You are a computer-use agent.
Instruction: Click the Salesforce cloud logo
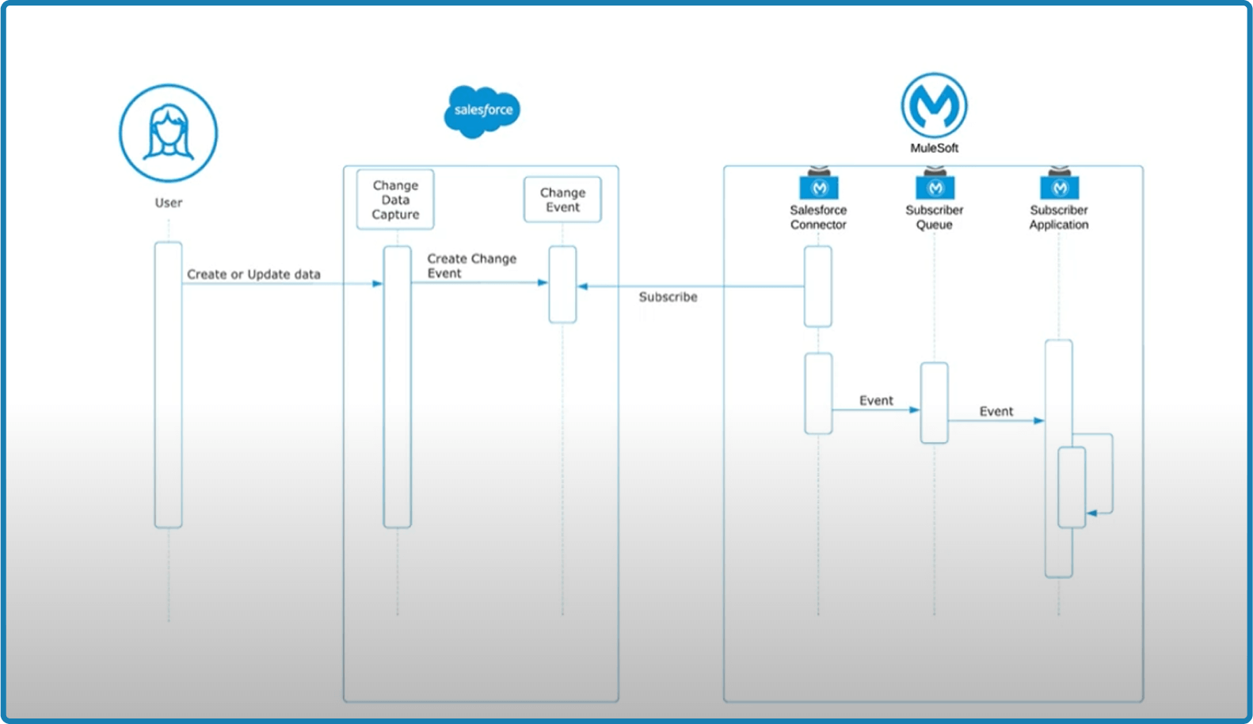tap(482, 111)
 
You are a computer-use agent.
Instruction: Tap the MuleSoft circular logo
tap(934, 105)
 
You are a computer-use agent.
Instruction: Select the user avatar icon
tap(168, 133)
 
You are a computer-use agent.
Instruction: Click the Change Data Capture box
tap(395, 200)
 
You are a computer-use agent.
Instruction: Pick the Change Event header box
tap(562, 200)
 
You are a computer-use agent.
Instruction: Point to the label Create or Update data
tap(253, 274)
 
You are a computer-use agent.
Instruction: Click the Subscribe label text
tap(668, 297)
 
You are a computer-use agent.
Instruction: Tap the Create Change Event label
tap(471, 265)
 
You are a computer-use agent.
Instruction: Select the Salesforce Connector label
tap(818, 217)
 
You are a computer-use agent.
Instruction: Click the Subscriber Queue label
tap(934, 217)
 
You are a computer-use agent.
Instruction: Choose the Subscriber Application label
tap(1058, 217)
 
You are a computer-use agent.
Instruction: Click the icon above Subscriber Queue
tap(935, 186)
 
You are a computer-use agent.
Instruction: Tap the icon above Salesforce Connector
tap(819, 186)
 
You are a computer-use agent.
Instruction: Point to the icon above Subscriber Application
tap(1060, 186)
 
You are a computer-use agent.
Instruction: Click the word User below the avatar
tap(168, 203)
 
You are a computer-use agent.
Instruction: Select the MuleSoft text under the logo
tap(934, 148)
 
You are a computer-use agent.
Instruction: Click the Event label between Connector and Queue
tap(876, 401)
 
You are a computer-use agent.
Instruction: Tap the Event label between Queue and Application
tap(996, 411)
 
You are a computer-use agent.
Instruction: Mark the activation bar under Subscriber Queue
tap(934, 402)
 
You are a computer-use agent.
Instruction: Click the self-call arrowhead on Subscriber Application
tap(1091, 513)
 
